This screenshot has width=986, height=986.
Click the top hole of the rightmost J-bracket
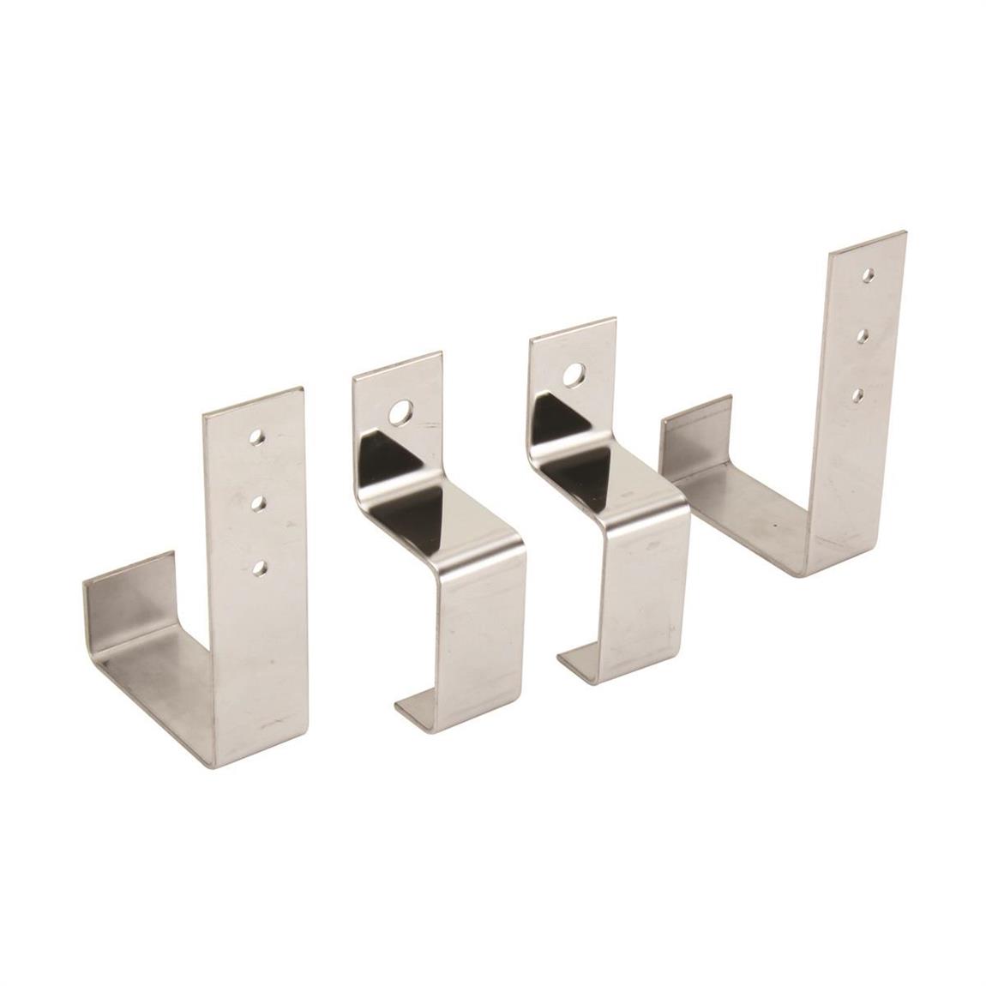pyautogui.click(x=869, y=276)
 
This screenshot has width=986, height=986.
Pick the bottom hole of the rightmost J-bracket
pyautogui.click(x=857, y=394)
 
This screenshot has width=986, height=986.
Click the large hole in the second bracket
pyautogui.click(x=399, y=415)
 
